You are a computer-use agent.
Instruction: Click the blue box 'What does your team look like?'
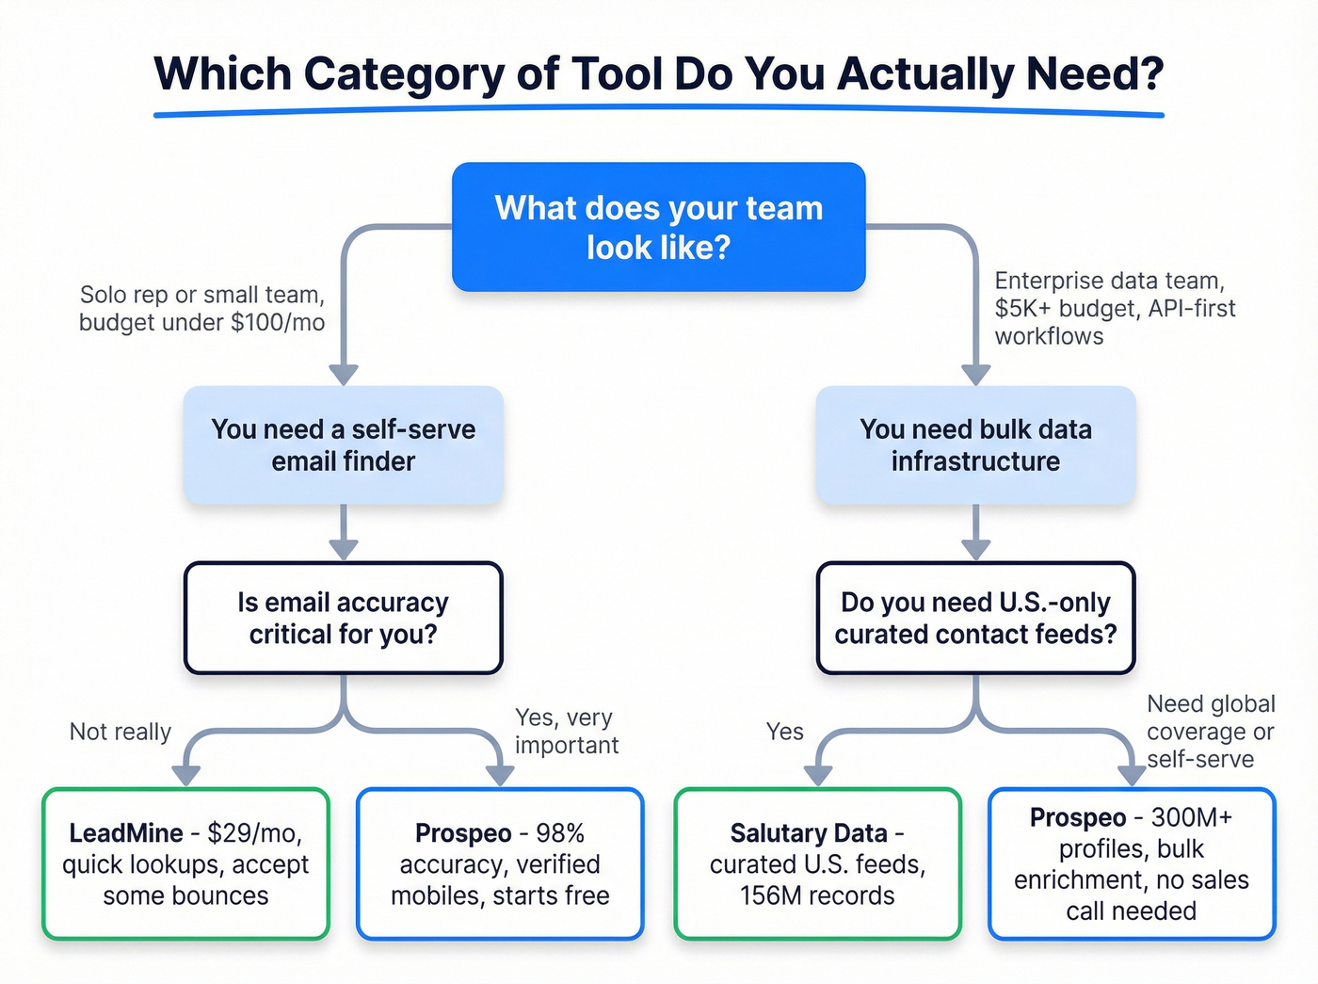pos(658,227)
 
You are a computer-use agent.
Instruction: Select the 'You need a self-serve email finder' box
pos(344,445)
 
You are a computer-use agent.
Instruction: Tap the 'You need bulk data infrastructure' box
pos(975,445)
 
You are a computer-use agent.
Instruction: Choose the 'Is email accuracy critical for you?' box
pos(344,618)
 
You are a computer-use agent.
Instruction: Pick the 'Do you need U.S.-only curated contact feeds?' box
pos(975,618)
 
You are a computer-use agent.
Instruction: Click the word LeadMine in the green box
pos(126,833)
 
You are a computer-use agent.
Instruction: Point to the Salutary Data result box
pos(817,863)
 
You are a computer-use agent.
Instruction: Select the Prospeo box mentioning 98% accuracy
pos(500,863)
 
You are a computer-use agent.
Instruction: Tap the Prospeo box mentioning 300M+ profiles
pos(1132,863)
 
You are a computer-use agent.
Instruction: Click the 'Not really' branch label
pos(121,732)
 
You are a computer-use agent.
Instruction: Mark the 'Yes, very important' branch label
pos(566,732)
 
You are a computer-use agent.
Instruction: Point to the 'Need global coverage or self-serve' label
pos(1210,732)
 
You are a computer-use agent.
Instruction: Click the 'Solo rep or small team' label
pos(201,308)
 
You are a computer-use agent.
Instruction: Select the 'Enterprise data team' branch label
pos(1115,308)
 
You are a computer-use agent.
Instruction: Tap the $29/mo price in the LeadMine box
pos(254,833)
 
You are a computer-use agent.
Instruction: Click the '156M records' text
pos(817,895)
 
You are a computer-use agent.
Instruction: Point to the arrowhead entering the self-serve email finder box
pos(344,375)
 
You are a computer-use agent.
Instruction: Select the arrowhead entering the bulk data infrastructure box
pos(975,375)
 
